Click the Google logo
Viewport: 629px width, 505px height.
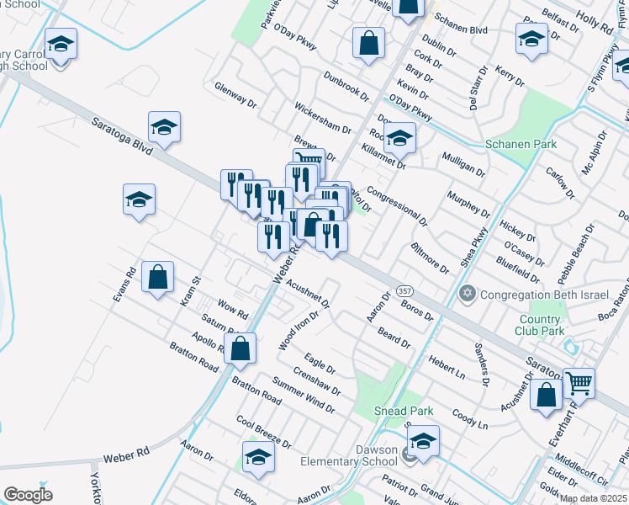coord(29,494)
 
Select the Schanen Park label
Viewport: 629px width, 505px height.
coord(521,144)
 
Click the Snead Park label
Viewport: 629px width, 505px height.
coord(404,412)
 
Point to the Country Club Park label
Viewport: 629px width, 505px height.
coord(541,325)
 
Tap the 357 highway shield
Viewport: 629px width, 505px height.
coord(405,290)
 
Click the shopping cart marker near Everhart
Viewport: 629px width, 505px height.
coord(579,383)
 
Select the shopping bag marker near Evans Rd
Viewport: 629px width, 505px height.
coord(158,277)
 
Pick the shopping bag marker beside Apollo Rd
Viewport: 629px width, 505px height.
coord(240,348)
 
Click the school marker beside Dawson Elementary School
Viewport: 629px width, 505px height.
coord(424,442)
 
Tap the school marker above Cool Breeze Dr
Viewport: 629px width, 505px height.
coord(258,456)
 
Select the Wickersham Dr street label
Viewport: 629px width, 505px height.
coord(322,118)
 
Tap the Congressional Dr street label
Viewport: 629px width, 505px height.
coord(397,207)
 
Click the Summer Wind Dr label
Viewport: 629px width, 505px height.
coord(303,397)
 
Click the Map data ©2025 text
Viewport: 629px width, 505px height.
coord(593,498)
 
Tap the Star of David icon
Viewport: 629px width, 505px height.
coord(468,294)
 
